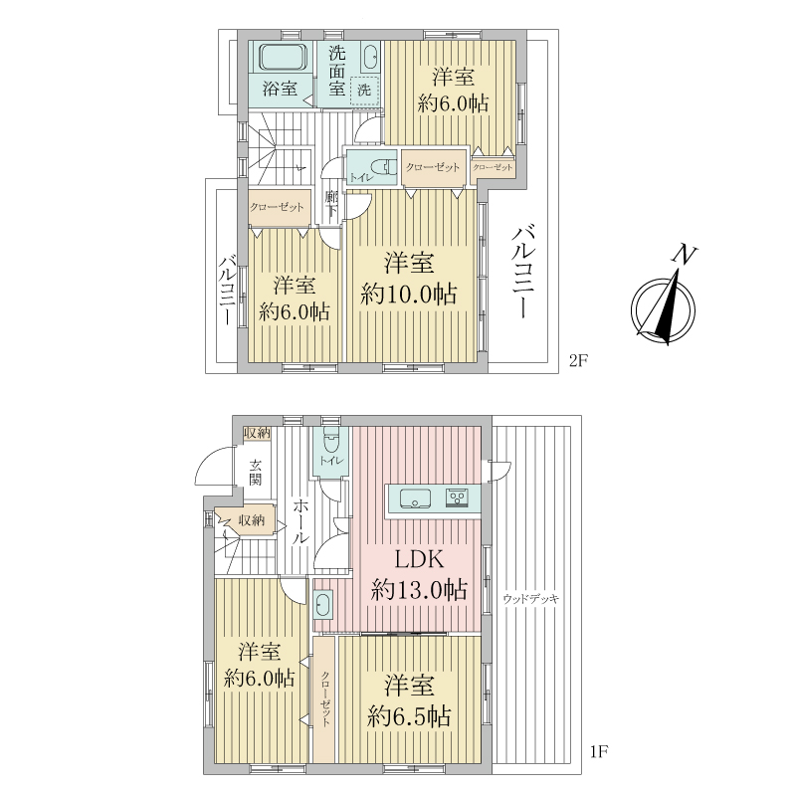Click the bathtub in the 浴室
(x=284, y=57)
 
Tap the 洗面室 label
(x=337, y=71)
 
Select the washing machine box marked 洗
(x=364, y=91)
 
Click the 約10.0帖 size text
(x=409, y=294)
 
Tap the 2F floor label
(x=578, y=360)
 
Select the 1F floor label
(x=599, y=751)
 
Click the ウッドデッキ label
(x=531, y=599)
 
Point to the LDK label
(x=419, y=559)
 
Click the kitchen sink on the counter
(x=415, y=498)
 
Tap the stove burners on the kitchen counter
(x=458, y=497)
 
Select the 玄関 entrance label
(x=256, y=473)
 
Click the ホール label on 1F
(x=300, y=521)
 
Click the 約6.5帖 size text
(x=409, y=717)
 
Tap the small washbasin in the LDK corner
(x=323, y=604)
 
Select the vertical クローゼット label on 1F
(x=325, y=698)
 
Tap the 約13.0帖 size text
(x=419, y=590)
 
